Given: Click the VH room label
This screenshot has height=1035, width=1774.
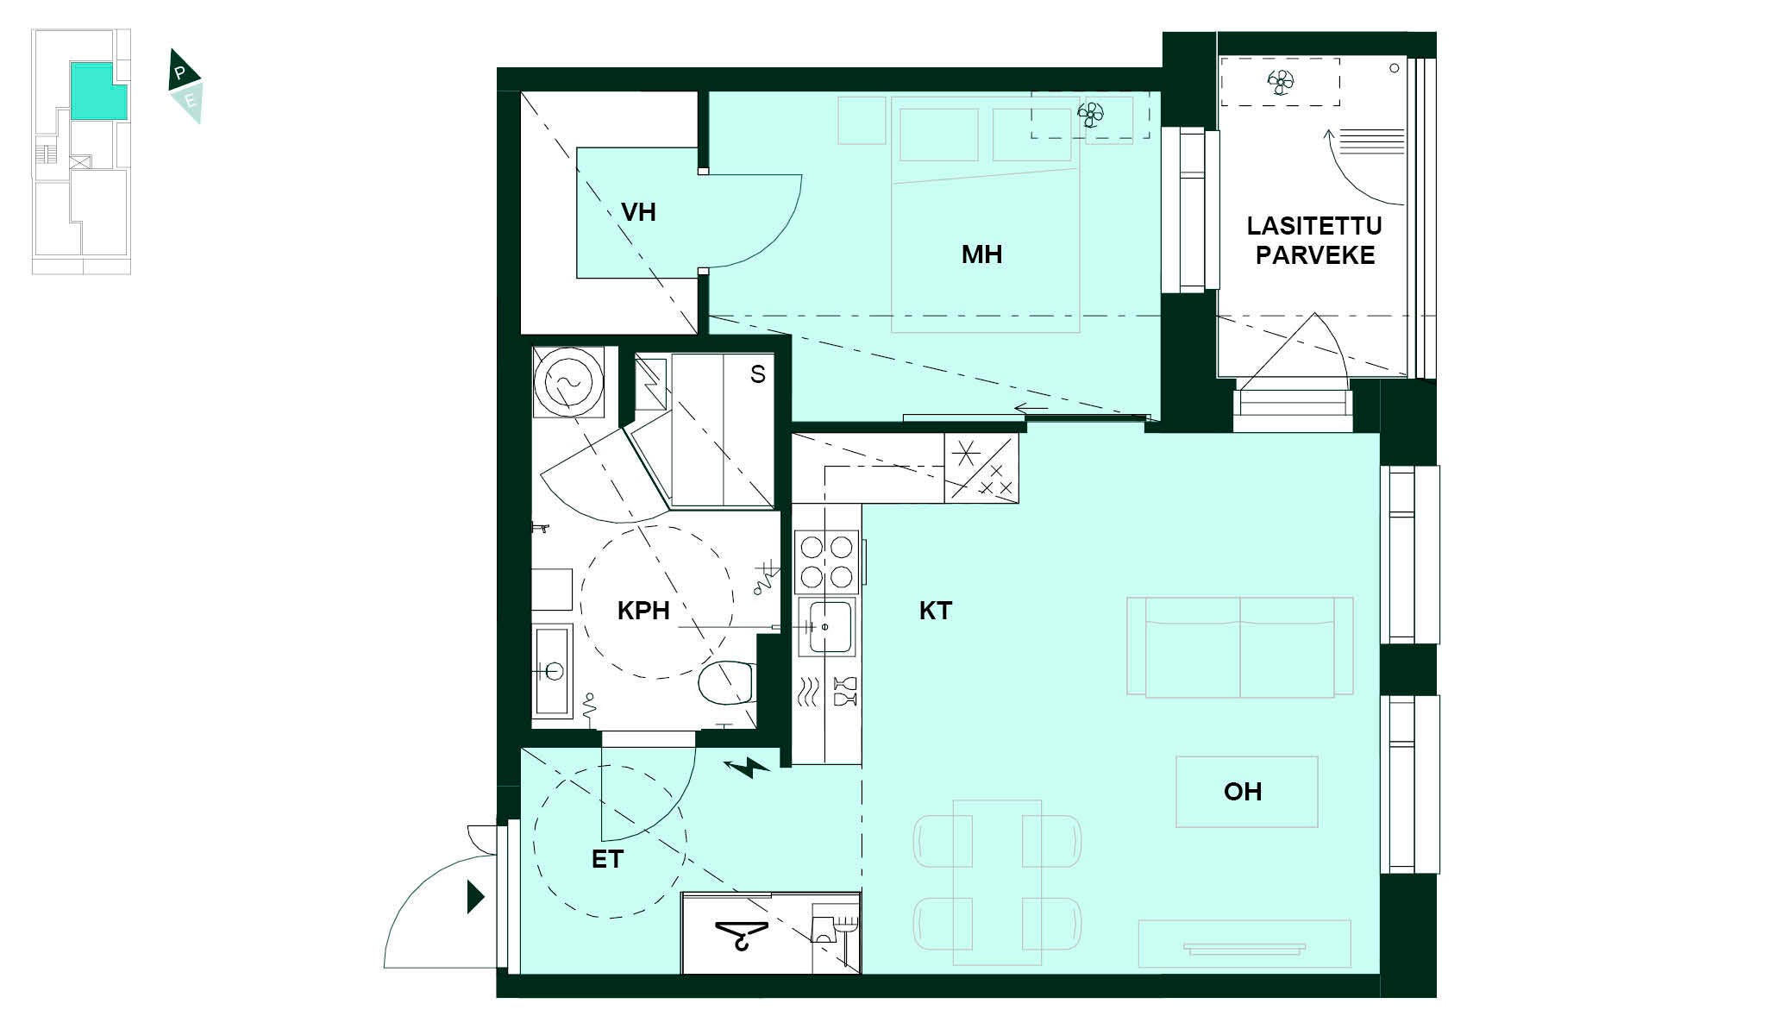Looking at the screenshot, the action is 638,212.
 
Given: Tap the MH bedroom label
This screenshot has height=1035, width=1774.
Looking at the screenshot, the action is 981,254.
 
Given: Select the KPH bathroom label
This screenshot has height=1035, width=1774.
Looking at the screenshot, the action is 643,611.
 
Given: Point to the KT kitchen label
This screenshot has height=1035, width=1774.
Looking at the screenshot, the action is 935,611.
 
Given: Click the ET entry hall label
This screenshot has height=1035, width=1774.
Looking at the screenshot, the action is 607,859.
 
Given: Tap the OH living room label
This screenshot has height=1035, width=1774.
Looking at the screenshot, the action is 1243,791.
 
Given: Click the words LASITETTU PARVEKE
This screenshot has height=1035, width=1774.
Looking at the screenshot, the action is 1314,241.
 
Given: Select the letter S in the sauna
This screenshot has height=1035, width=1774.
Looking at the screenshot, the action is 757,374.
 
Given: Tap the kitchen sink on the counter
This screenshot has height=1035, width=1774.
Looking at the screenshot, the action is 825,627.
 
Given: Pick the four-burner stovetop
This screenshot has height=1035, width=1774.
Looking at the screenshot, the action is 826,561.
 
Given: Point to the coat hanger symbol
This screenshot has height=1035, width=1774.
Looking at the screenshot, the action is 742,934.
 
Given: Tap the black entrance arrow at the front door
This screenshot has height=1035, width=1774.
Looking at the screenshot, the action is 475,897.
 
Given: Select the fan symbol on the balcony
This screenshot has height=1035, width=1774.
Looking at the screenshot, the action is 1281,83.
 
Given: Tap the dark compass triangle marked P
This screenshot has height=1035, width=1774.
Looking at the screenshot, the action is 183,71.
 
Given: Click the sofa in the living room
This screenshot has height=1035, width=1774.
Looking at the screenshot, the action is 1240,647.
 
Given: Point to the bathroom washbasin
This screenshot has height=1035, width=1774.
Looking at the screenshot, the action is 552,670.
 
